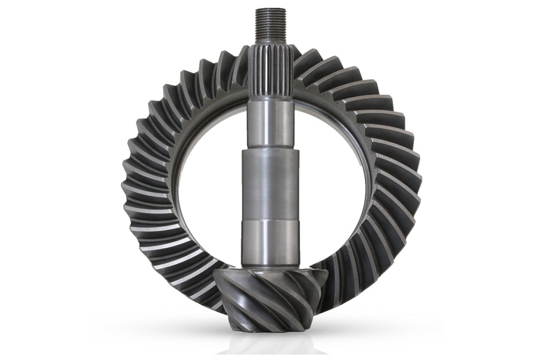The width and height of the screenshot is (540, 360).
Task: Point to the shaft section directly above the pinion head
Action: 271,243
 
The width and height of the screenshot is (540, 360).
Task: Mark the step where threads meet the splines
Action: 271,43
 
